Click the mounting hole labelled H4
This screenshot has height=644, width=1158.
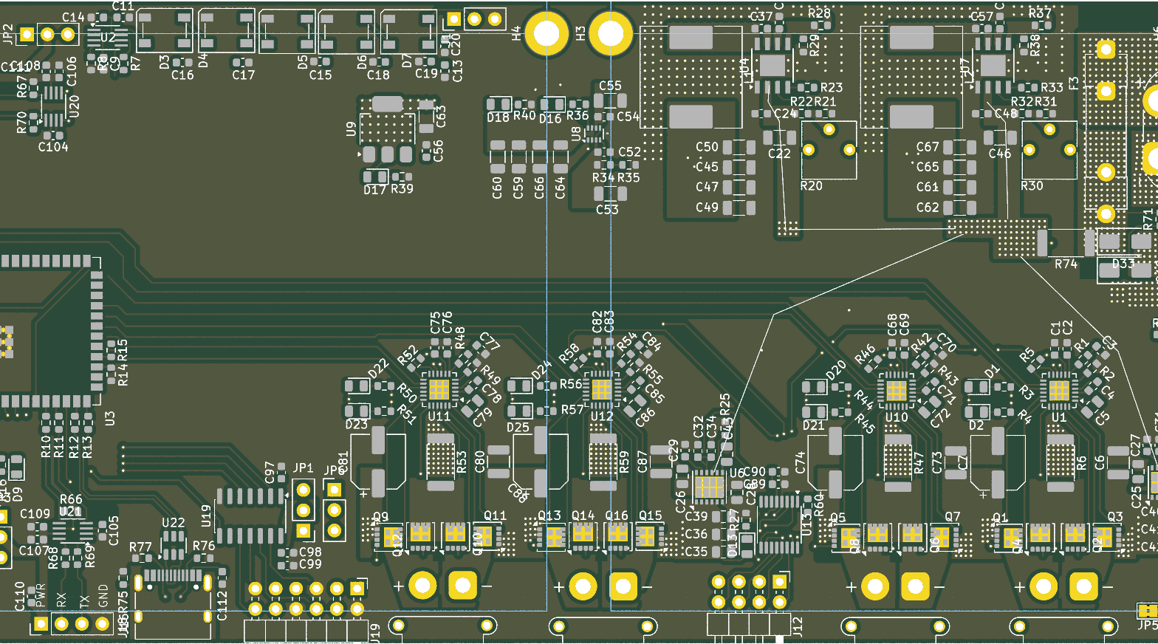tap(547, 33)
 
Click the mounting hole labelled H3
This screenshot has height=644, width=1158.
tap(610, 33)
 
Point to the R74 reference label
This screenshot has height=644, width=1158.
tap(1066, 264)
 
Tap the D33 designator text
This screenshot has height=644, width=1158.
tap(1123, 263)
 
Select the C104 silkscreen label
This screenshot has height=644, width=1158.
tap(53, 147)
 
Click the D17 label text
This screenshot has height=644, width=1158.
tap(375, 190)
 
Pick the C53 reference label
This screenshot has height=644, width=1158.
tap(607, 210)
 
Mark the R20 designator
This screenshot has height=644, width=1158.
tap(811, 186)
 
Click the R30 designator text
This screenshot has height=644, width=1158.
tap(1032, 186)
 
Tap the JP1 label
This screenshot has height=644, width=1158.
tap(303, 468)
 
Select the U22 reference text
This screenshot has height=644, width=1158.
tap(173, 523)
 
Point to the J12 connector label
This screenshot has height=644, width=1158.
tap(798, 626)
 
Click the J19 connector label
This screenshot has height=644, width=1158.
tap(375, 631)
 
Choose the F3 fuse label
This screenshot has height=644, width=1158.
tap(1074, 83)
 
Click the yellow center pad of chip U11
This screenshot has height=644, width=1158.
tap(439, 389)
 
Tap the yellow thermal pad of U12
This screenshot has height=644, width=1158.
tap(601, 389)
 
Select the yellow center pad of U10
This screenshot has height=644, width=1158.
tap(896, 389)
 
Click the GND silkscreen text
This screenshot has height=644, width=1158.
tap(103, 595)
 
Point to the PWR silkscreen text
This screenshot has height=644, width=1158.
tap(41, 595)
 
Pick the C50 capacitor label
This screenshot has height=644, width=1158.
tap(707, 147)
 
